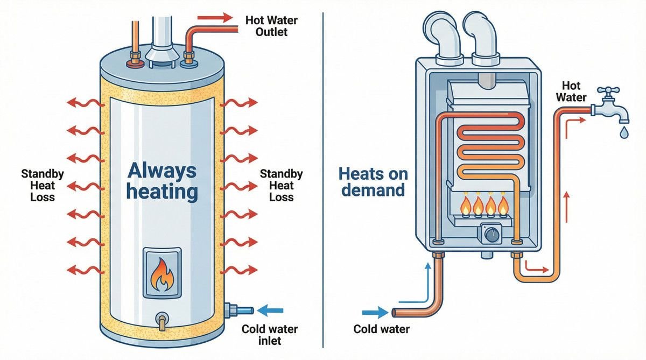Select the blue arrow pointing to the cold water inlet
point(271,310)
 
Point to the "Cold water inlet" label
point(269,335)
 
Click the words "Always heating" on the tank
point(162,181)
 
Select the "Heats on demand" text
point(373,182)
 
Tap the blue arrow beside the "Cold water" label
point(376,312)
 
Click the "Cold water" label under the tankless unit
point(381,329)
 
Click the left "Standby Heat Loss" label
point(43,186)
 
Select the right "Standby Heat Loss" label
point(281,186)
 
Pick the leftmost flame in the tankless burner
point(464,205)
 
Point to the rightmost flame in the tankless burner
point(503,205)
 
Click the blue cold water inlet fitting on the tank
point(240,310)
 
